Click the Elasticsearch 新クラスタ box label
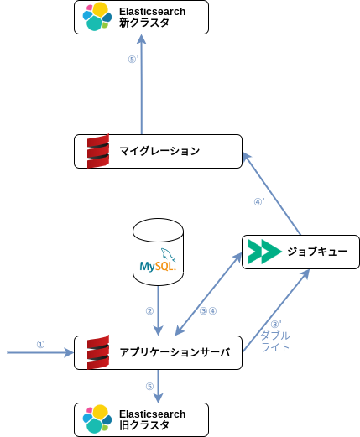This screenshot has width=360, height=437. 153,17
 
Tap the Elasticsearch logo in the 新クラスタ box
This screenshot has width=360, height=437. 97,16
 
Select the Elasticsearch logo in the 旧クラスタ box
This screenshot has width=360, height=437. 97,419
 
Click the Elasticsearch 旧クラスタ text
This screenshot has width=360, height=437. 153,419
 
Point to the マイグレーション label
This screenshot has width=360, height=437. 159,151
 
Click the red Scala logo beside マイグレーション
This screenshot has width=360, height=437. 98,151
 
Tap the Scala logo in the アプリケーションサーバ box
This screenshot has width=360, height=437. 98,352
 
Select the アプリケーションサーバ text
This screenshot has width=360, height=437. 175,352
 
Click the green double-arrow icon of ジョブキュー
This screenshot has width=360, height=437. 264,252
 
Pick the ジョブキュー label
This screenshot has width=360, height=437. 317,252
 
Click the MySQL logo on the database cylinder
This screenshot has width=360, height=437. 158,260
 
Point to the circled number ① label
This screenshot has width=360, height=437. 40,344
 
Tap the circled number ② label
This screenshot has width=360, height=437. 149,310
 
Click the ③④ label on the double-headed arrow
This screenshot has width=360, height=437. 208,310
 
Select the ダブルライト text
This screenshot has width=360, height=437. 275,341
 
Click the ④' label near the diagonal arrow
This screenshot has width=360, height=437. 259,201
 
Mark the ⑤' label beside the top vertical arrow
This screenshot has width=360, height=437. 133,59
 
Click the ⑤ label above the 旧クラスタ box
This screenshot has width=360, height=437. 149,386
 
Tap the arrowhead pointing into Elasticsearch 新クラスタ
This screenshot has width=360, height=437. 142,39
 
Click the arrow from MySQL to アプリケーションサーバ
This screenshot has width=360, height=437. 159,310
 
